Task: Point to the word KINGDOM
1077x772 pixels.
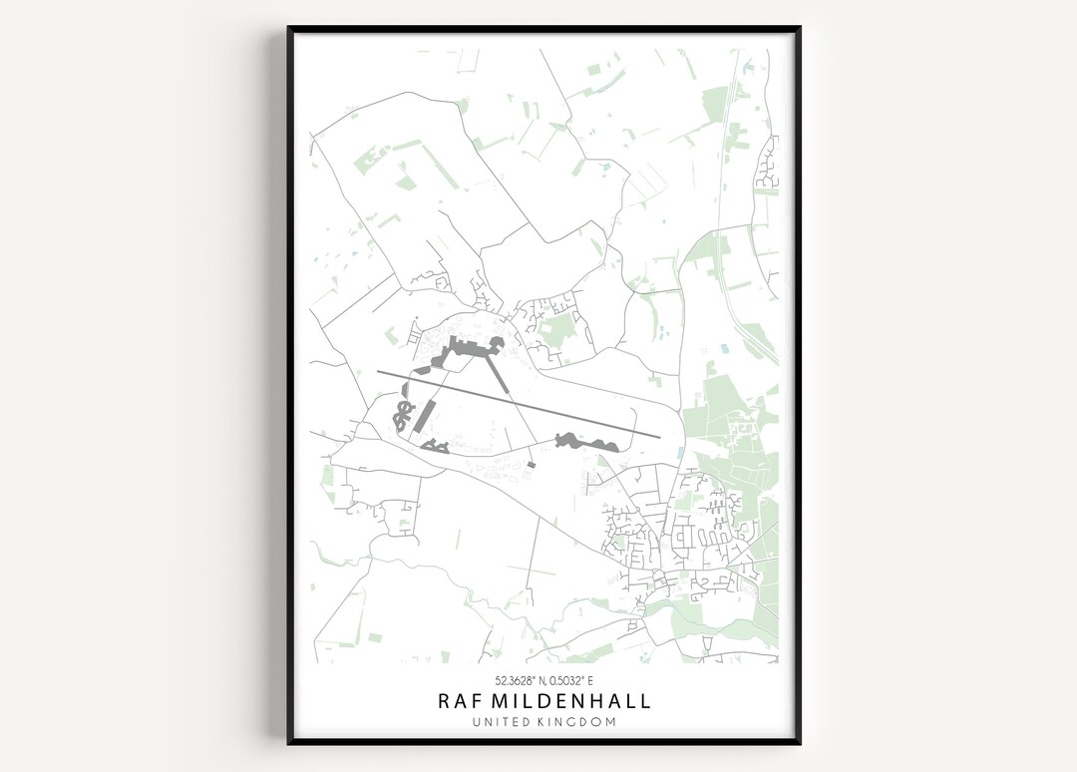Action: click(579, 722)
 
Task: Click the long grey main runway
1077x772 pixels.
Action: click(519, 404)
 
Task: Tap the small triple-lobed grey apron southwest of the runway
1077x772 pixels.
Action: click(434, 445)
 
